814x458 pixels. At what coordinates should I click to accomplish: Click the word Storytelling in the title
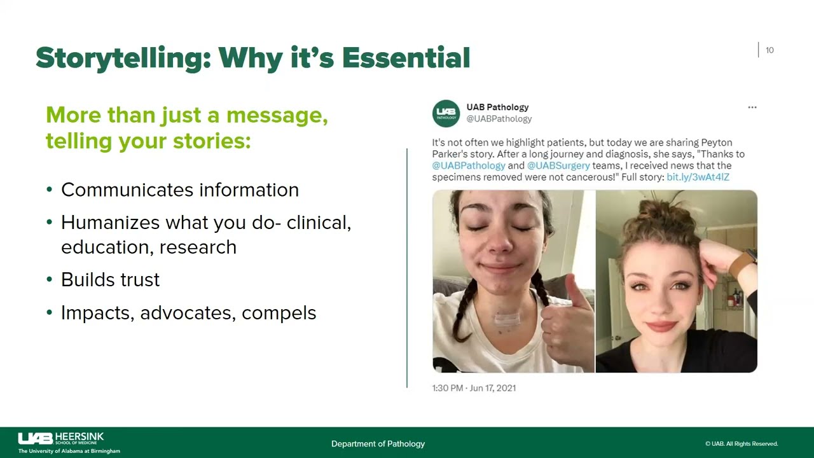(x=123, y=58)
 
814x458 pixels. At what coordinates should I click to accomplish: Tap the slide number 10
(x=769, y=50)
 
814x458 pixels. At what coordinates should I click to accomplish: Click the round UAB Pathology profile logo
(x=446, y=113)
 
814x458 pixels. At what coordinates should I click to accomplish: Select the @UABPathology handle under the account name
(x=499, y=119)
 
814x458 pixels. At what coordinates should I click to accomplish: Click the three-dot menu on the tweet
(x=752, y=108)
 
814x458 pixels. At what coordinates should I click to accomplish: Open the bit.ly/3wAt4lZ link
(x=698, y=177)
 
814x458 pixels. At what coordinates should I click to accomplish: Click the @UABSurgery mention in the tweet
(x=558, y=166)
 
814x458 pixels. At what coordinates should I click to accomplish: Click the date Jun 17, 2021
(x=493, y=388)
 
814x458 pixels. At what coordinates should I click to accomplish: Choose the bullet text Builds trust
(x=110, y=279)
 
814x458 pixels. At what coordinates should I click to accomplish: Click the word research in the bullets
(x=198, y=247)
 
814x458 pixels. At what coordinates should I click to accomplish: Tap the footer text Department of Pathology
(x=378, y=444)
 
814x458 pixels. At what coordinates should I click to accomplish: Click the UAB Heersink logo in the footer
(x=69, y=443)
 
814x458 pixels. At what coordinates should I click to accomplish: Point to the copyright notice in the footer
(x=742, y=444)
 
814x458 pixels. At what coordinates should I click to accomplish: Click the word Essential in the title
(x=406, y=58)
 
